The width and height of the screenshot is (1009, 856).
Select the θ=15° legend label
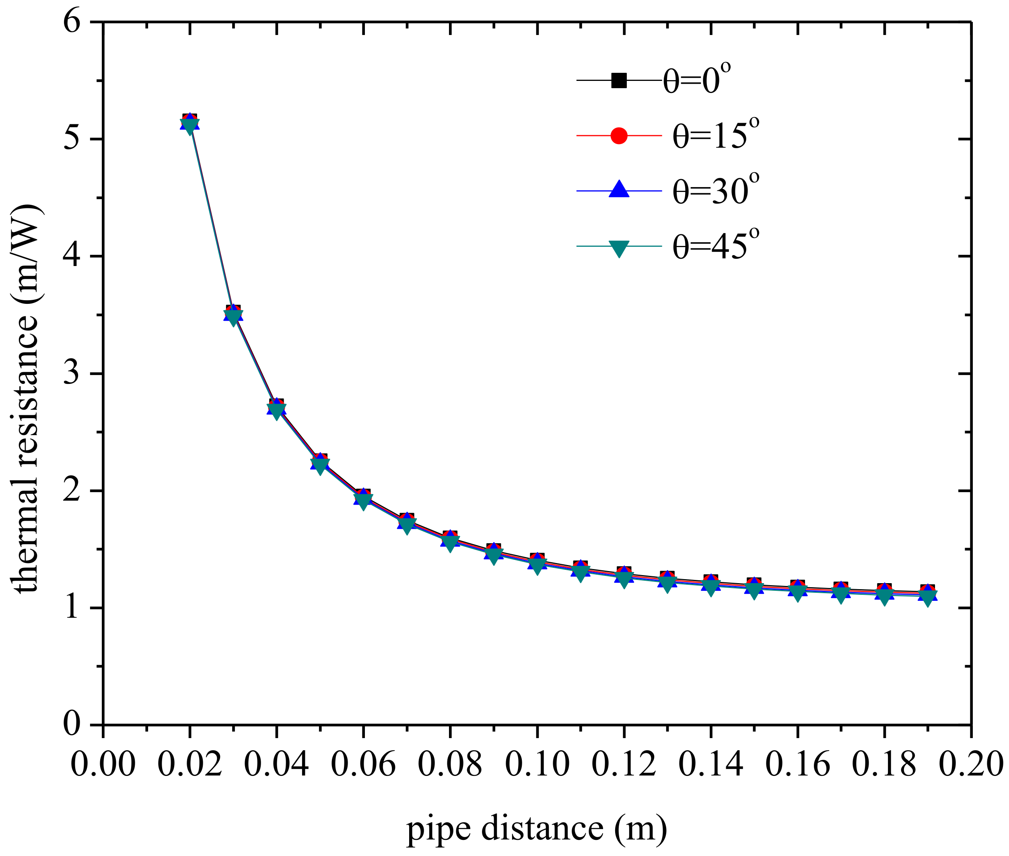(715, 135)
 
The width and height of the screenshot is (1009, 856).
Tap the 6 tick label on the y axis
(71, 22)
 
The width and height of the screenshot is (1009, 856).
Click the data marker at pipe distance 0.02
(189, 123)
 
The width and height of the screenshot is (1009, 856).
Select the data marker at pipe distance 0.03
(233, 314)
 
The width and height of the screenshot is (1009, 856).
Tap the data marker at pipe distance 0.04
(276, 408)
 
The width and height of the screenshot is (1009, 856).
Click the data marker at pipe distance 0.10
(537, 563)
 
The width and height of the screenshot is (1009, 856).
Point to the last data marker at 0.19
(927, 595)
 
